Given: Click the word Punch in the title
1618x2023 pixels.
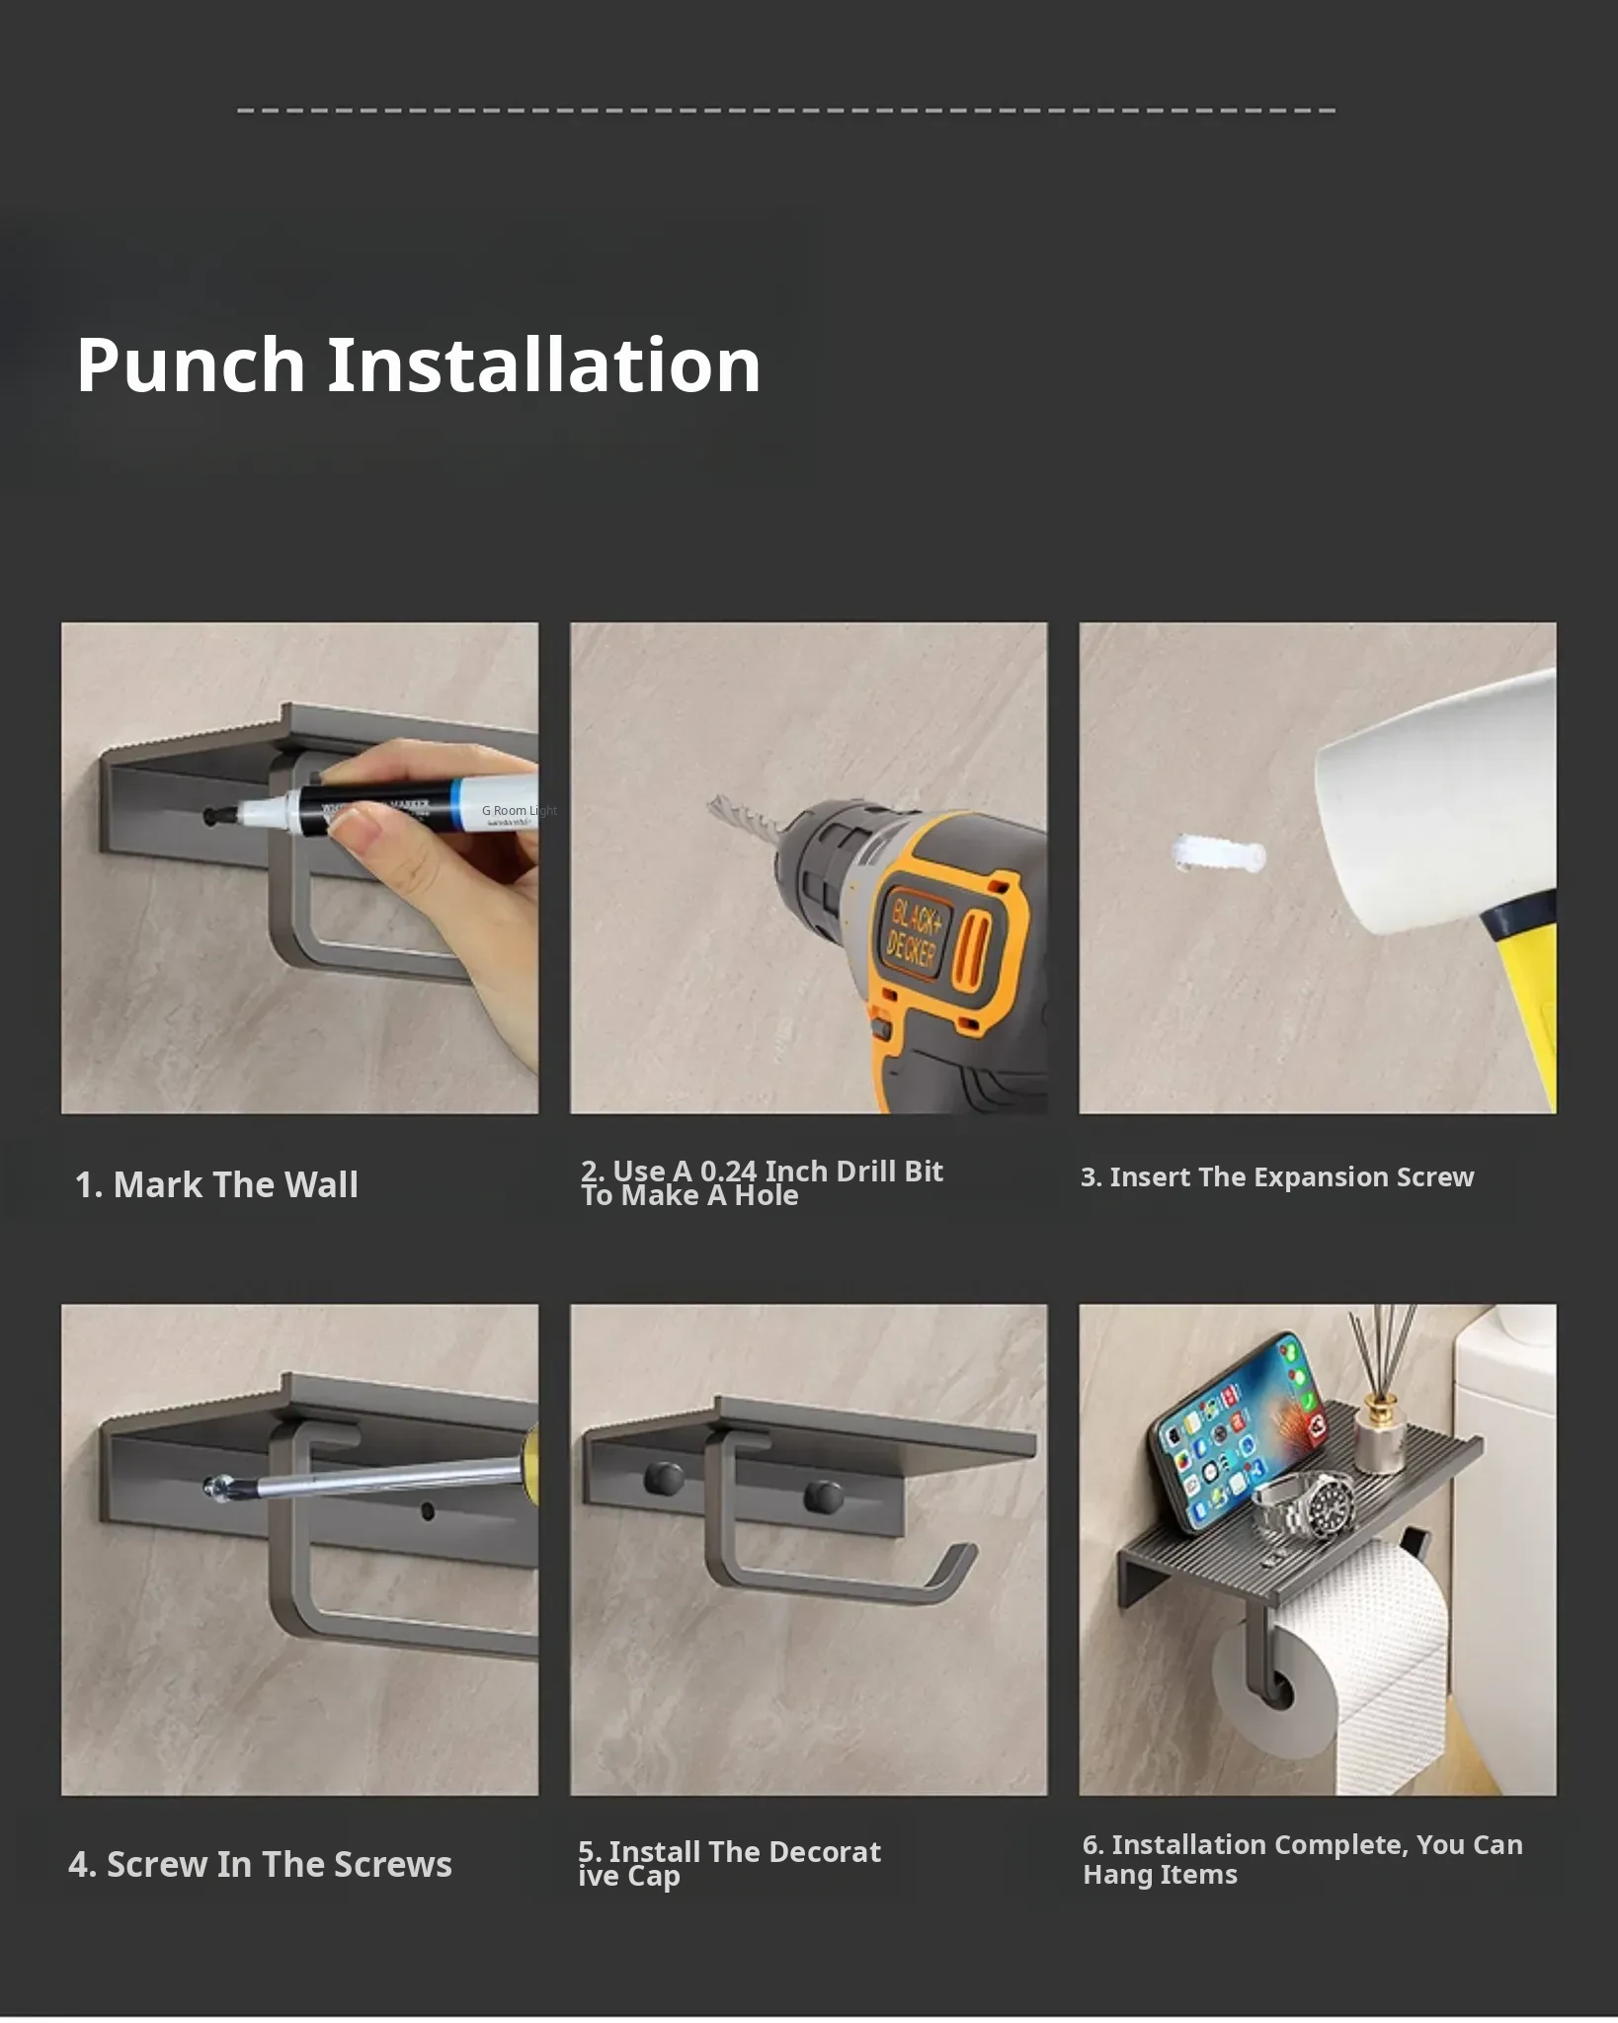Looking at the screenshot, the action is (x=191, y=365).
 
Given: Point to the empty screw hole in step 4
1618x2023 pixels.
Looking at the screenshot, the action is (x=428, y=1510).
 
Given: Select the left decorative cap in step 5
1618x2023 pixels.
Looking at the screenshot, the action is (x=664, y=1478).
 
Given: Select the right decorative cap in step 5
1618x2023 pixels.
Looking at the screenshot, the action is (x=824, y=1497).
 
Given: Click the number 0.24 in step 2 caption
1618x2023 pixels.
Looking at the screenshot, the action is (x=729, y=1171).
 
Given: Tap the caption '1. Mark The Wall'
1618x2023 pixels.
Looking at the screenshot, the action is (x=216, y=1184).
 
